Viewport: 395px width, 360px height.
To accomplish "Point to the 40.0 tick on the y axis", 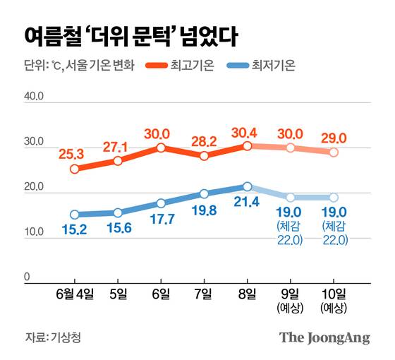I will (x=34, y=97).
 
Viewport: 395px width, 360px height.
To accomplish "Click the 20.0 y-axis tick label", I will (x=34, y=188).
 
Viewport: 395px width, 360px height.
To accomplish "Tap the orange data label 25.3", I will (x=74, y=152).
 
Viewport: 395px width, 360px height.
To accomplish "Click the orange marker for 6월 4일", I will (x=74, y=169).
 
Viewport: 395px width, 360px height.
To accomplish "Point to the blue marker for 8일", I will (x=247, y=186).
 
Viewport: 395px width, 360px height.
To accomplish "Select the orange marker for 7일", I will (x=204, y=156).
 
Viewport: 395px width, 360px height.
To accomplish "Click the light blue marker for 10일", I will (x=333, y=198).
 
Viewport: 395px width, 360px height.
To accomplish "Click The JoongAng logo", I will (x=324, y=337).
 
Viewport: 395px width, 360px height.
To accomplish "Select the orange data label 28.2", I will (x=204, y=140).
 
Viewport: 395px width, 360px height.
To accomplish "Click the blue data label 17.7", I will (x=161, y=220).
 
